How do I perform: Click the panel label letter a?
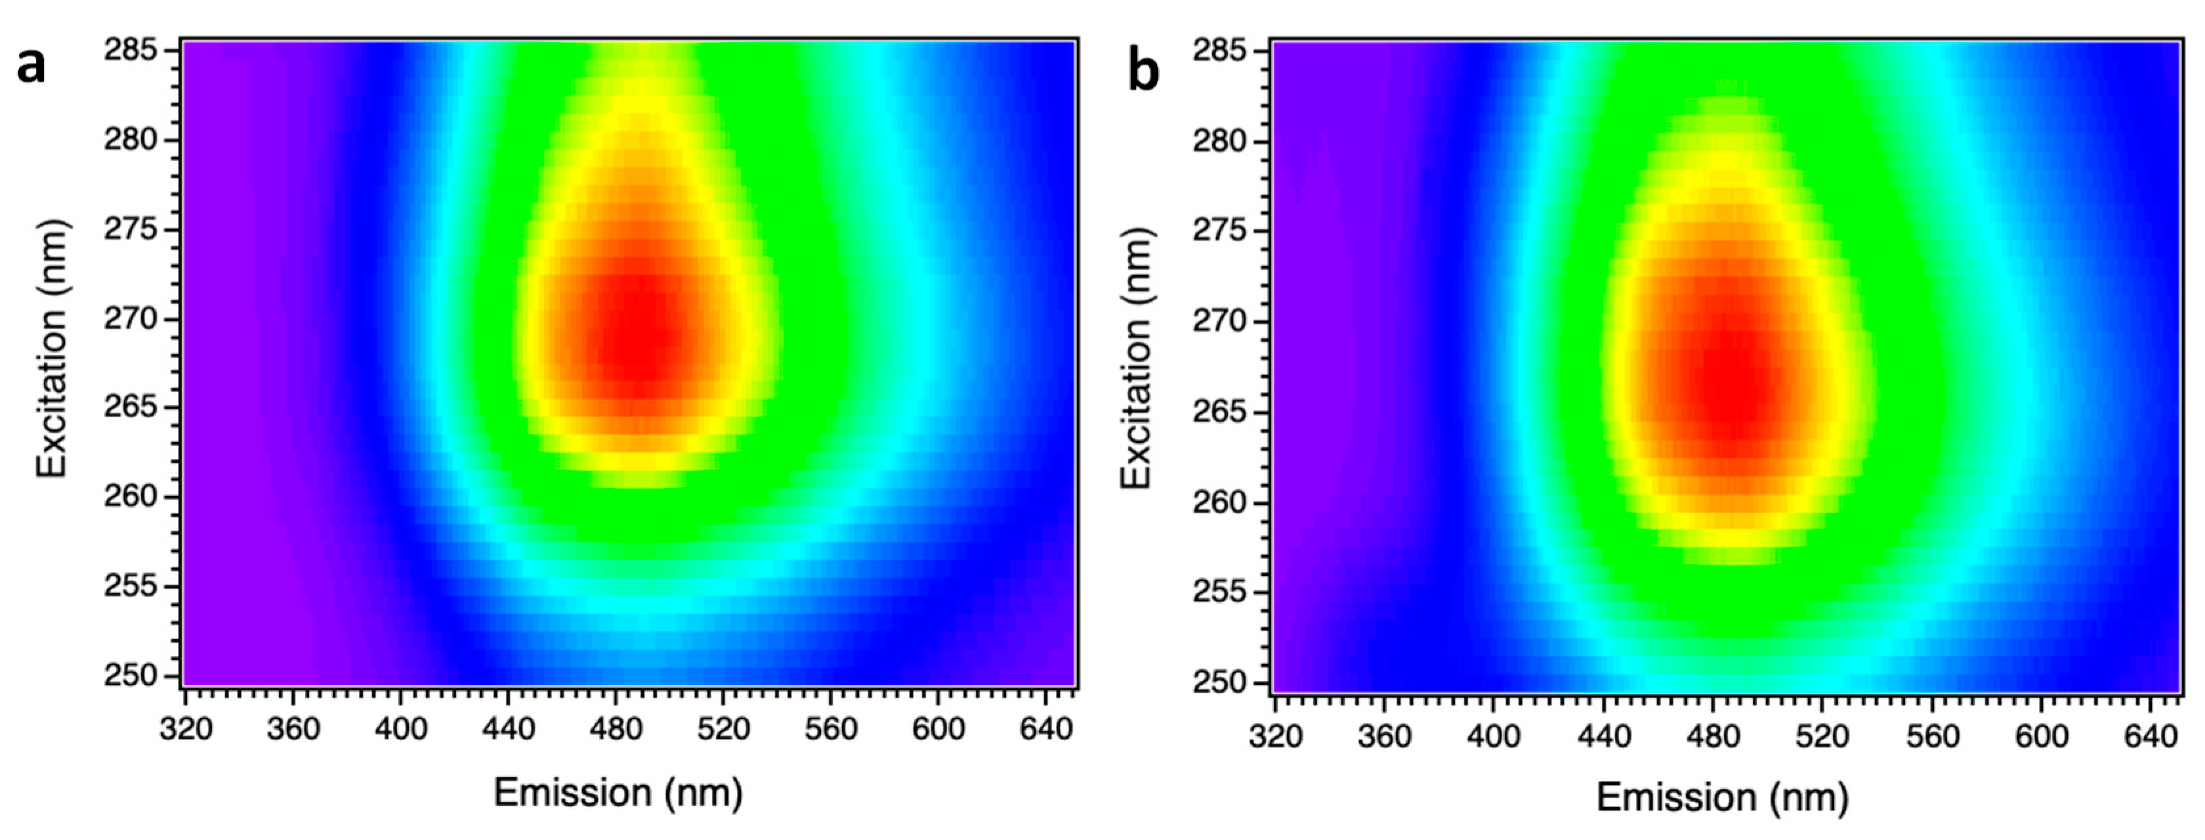(x=31, y=65)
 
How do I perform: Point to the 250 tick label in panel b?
(x=1219, y=683)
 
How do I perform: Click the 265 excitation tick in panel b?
(x=1219, y=412)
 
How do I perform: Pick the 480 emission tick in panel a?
(x=616, y=730)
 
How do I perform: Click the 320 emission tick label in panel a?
(x=186, y=730)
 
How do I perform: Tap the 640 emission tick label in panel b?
(x=2151, y=736)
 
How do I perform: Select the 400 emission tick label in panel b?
(x=1494, y=736)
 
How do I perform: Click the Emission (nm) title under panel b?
(x=1722, y=798)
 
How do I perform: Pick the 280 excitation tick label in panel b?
(x=1219, y=141)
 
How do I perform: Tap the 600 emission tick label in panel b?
(x=2042, y=736)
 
